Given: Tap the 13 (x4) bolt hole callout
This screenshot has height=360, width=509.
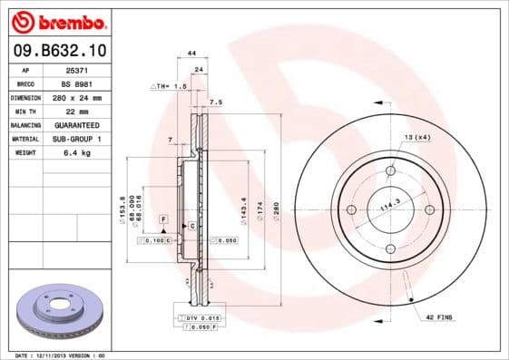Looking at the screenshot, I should [416, 136].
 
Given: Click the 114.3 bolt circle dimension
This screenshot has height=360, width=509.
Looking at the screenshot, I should [389, 208].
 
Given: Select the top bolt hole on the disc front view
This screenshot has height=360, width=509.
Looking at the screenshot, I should [391, 171].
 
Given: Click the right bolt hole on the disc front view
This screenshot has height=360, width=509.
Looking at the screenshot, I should [429, 209].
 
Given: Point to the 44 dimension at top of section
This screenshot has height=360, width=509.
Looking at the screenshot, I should [191, 54].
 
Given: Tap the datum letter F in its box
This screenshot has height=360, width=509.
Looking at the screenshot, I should [165, 219].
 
